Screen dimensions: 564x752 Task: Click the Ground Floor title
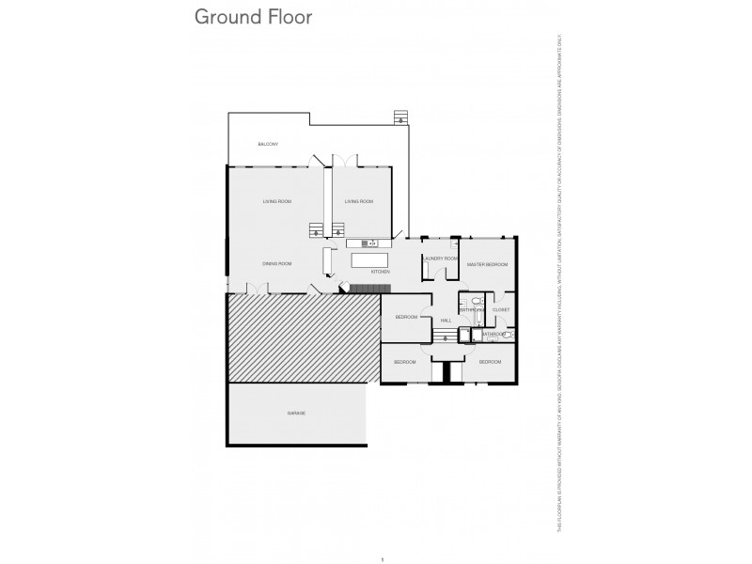(252, 17)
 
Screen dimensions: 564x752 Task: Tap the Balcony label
(269, 144)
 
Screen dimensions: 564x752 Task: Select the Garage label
(296, 413)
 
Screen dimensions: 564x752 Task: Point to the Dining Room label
(277, 263)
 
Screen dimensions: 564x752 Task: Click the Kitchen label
(380, 272)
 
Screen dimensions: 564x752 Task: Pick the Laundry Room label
(440, 258)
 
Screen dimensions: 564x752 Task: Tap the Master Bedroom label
(488, 264)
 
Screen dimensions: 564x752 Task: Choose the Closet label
(500, 309)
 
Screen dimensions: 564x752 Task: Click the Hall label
(446, 321)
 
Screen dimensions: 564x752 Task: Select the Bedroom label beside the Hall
(406, 317)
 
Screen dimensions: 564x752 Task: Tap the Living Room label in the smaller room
(359, 201)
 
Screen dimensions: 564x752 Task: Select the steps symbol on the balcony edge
(401, 117)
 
